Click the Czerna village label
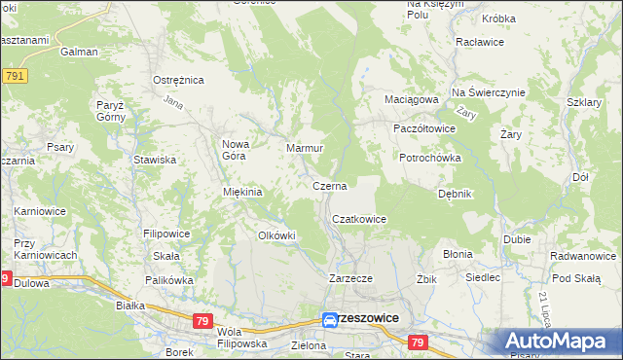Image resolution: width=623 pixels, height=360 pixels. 329,185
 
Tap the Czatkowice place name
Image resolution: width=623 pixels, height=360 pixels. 360,220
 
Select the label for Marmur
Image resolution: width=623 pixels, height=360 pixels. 304,149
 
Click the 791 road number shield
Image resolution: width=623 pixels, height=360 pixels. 14,75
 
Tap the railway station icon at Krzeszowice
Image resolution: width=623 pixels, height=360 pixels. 330,318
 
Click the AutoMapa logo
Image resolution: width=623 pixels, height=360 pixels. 561,341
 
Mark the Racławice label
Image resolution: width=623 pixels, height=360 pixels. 478,44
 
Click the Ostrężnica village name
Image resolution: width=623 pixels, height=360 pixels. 177,81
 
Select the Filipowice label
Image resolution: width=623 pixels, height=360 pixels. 166,234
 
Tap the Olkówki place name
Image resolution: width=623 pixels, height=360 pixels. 275,235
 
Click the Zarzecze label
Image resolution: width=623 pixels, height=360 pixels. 351,277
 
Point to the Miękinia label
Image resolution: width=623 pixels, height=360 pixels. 243,192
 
